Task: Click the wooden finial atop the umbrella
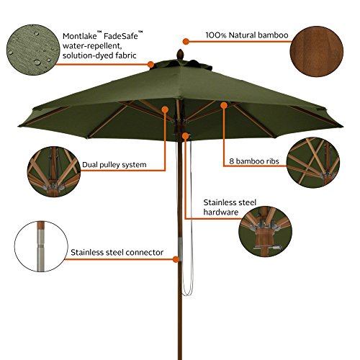click(x=180, y=54)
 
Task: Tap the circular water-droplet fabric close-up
click(x=33, y=50)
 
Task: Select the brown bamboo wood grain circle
click(x=317, y=52)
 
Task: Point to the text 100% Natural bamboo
click(x=247, y=35)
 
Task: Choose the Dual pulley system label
click(x=114, y=165)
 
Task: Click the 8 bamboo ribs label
click(x=254, y=161)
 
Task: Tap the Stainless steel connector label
click(x=117, y=253)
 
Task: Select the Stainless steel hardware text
click(x=230, y=207)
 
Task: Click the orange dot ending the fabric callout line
click(x=150, y=65)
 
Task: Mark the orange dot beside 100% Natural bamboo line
click(x=186, y=42)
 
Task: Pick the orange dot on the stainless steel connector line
click(x=176, y=259)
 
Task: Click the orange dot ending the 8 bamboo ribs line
click(x=224, y=105)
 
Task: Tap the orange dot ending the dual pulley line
click(x=165, y=109)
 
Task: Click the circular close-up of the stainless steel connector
click(x=41, y=246)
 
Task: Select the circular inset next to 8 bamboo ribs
click(x=313, y=162)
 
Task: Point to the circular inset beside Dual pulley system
click(x=54, y=171)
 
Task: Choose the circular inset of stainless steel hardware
click(x=265, y=231)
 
